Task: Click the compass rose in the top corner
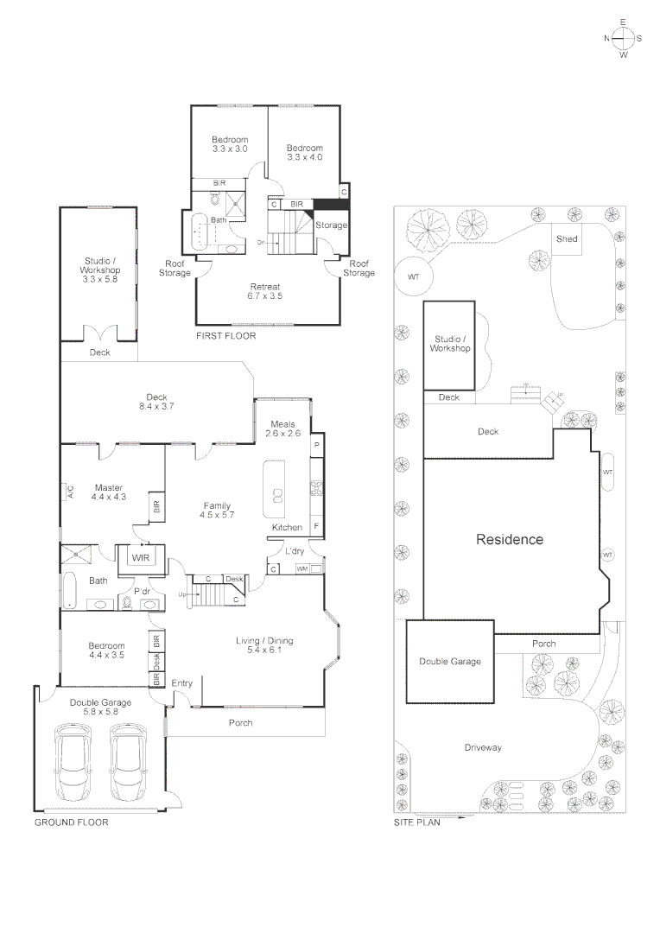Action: [x=623, y=38]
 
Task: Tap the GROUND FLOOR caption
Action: [x=71, y=822]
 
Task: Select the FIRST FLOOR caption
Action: [x=226, y=335]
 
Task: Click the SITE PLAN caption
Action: [x=417, y=822]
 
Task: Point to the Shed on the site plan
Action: [x=567, y=239]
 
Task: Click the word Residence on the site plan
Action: [x=510, y=539]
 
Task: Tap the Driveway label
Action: [x=482, y=747]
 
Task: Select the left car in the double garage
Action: [x=72, y=763]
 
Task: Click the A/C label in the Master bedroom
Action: [x=70, y=492]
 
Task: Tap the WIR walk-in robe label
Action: [x=140, y=558]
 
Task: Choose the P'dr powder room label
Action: [x=144, y=591]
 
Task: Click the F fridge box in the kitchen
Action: [x=316, y=527]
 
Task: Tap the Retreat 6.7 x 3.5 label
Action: [x=265, y=291]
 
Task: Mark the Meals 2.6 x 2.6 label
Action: [x=285, y=428]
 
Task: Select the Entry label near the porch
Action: [x=182, y=682]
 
